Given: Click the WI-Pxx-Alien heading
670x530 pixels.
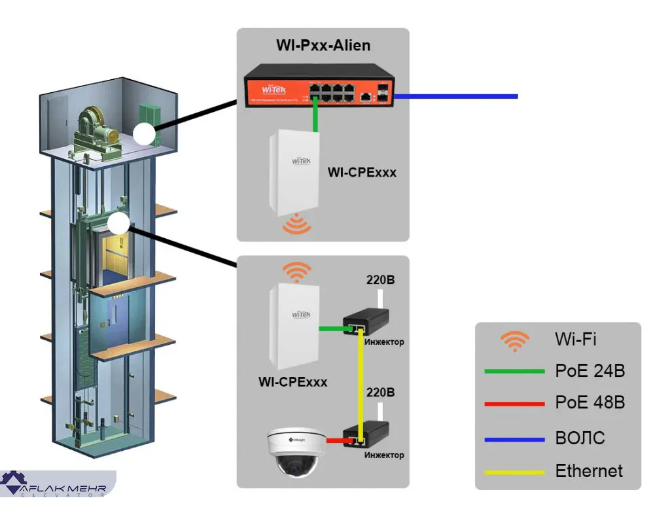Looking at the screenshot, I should coord(323,45).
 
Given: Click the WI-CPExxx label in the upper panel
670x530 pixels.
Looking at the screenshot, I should coord(362,173).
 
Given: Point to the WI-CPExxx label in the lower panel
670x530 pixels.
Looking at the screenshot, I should coord(292,381).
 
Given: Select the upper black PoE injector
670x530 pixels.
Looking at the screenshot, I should coord(366,321).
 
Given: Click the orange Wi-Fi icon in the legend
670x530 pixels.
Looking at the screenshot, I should coord(515,341).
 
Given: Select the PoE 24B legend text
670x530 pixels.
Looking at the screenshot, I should coord(590,371).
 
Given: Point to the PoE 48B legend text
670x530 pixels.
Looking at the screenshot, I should coord(590,402).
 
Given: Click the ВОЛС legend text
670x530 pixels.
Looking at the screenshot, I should coord(580,437).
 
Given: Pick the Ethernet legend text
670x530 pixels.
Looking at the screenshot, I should coord(589,470).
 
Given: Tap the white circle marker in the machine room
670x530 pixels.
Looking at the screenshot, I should coord(144,135).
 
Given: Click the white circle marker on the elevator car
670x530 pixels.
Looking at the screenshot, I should coord(118,224).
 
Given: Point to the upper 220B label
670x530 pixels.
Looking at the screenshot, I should coord(379,281).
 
